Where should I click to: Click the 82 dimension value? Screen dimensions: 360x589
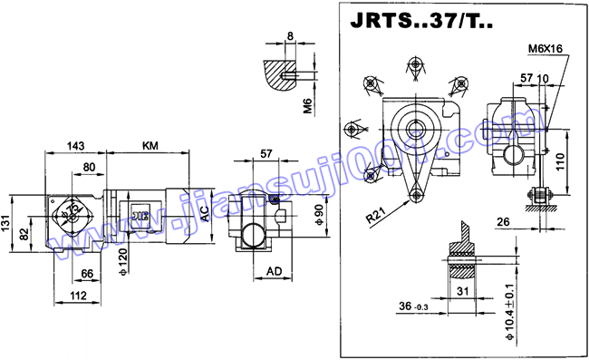pyautogui.click(x=26, y=235)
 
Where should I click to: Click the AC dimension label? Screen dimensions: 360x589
pyautogui.click(x=206, y=214)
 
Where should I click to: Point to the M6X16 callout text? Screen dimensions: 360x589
pyautogui.click(x=546, y=48)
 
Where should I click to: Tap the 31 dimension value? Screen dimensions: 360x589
pyautogui.click(x=461, y=290)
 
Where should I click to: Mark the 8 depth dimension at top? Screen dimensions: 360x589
pyautogui.click(x=289, y=36)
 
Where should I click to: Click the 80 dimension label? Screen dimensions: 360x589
pyautogui.click(x=90, y=167)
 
